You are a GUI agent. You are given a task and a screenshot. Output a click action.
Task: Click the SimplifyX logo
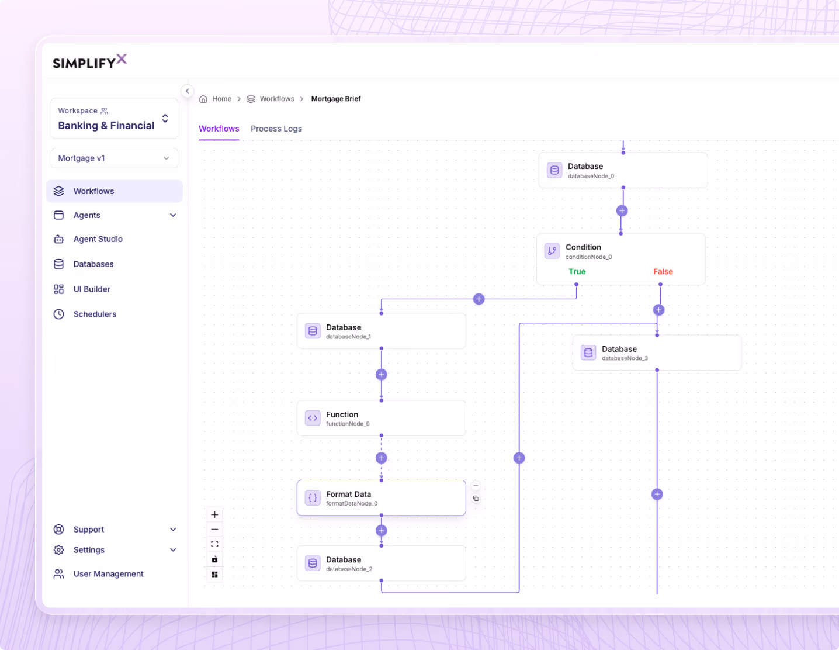pos(89,61)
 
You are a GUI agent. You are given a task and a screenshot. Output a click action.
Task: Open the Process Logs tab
pos(276,129)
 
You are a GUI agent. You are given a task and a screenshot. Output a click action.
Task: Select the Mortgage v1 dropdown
pos(115,158)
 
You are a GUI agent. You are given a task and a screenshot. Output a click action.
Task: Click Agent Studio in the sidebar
pos(98,239)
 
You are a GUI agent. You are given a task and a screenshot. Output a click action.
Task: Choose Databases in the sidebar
pos(93,264)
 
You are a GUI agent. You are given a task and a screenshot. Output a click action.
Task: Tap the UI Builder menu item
pos(92,289)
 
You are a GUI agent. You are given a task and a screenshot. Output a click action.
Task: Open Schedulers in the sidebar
pos(95,314)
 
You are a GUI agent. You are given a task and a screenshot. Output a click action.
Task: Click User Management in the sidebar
pos(108,574)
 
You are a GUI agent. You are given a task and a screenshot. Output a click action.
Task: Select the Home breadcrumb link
pos(221,99)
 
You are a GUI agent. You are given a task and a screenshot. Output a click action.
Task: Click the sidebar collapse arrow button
pos(188,91)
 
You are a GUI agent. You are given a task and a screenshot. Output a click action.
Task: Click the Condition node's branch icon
pos(552,251)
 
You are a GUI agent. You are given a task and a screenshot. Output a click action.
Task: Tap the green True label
pos(577,271)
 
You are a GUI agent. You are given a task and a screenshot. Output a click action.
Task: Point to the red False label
pos(663,271)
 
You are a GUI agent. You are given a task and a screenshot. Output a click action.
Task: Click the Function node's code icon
pos(313,418)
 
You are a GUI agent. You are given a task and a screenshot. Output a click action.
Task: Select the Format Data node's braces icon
pos(313,498)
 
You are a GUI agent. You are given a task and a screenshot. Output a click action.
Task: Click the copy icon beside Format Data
pos(476,499)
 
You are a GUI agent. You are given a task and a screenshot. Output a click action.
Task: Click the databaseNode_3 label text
pos(625,358)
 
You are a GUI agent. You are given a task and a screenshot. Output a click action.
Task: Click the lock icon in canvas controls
pos(214,559)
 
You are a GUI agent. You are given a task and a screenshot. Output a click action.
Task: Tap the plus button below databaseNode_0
pos(622,211)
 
